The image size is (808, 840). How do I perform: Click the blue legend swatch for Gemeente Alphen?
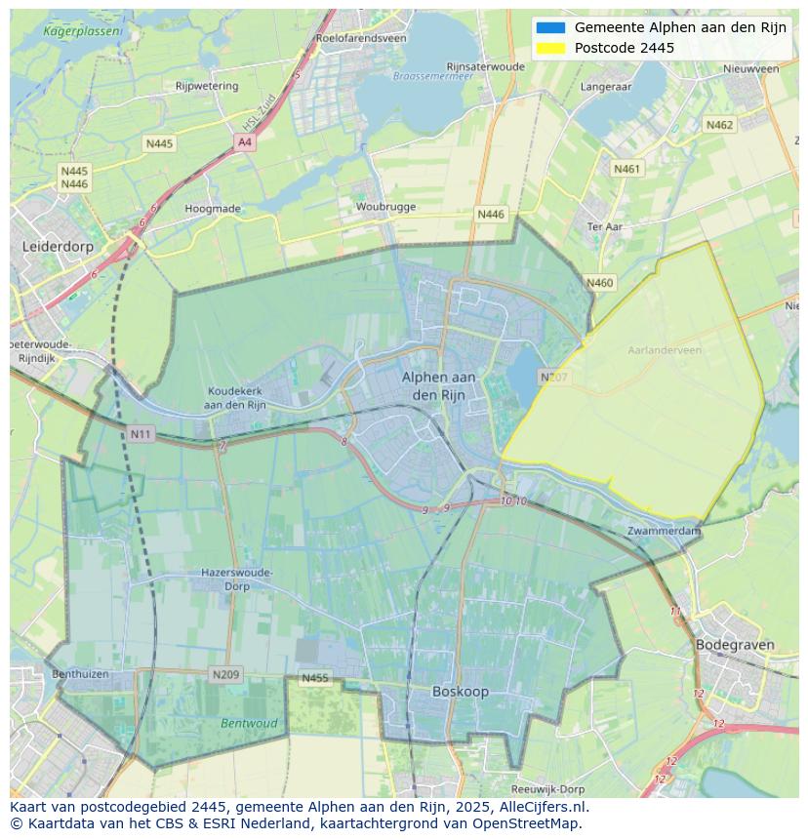click(x=550, y=27)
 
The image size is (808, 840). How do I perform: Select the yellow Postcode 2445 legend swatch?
click(x=550, y=48)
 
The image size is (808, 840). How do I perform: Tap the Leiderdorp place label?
click(x=58, y=247)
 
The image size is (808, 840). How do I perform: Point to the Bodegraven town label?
click(x=735, y=645)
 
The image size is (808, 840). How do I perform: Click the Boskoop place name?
click(x=461, y=692)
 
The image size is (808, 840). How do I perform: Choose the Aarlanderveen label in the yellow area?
click(x=666, y=349)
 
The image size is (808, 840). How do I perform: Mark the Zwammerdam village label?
click(x=665, y=531)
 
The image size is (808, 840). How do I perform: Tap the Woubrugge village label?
click(x=385, y=207)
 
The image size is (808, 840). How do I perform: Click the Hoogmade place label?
click(x=213, y=209)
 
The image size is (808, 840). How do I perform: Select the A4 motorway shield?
click(x=244, y=142)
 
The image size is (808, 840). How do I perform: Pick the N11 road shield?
click(x=141, y=433)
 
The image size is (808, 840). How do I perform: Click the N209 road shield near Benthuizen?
click(x=225, y=674)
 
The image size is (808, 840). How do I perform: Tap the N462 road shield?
click(x=719, y=125)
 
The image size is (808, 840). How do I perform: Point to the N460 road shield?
click(x=600, y=283)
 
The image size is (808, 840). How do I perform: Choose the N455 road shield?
click(x=315, y=678)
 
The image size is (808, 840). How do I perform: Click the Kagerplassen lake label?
click(x=83, y=31)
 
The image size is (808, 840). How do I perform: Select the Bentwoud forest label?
click(x=249, y=724)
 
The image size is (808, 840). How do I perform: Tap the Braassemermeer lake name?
click(x=432, y=75)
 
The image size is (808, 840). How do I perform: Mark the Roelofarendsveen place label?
click(x=361, y=39)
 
